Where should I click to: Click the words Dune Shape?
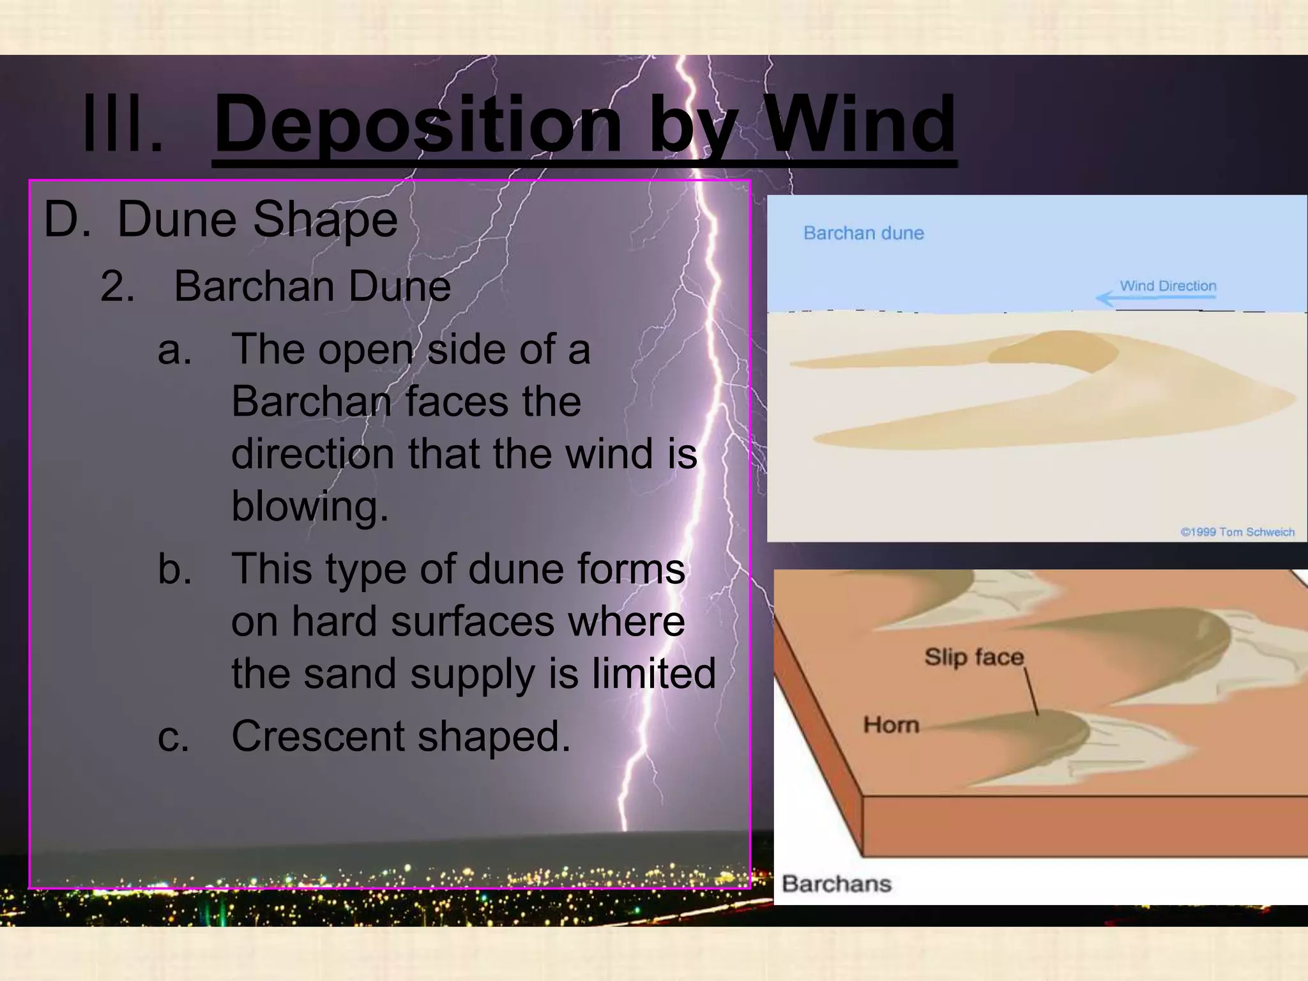(257, 220)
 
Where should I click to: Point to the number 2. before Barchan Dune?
(118, 286)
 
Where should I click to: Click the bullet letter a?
(174, 350)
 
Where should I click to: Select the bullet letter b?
(174, 569)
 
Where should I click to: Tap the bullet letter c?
(174, 737)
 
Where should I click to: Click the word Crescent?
(317, 736)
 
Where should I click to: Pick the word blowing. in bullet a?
(310, 506)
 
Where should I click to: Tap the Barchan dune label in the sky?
(863, 233)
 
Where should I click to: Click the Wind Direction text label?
(1167, 285)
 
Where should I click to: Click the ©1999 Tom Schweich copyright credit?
(1237, 532)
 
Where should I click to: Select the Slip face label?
(973, 657)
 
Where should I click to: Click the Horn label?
(891, 725)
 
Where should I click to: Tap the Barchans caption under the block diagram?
(836, 884)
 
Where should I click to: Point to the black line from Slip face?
(1031, 691)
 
